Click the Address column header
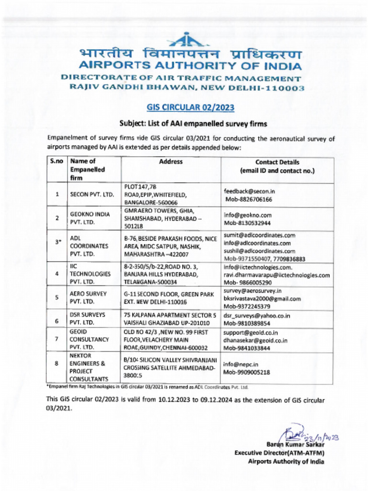click(171, 162)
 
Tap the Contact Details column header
click(277, 166)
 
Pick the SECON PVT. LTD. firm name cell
click(92, 195)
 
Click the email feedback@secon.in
click(249, 191)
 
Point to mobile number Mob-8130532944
click(248, 223)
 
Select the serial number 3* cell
click(57, 242)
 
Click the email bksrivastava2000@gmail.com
click(262, 299)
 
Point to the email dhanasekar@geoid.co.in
click(255, 340)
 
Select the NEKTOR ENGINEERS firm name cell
click(91, 367)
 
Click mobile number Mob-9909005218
click(246, 372)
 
